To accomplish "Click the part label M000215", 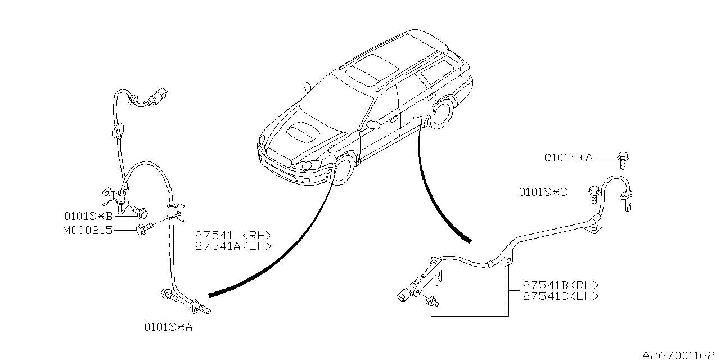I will pyautogui.click(x=89, y=230).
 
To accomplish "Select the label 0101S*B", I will pyautogui.click(x=89, y=215).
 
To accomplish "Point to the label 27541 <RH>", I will pyautogui.click(x=233, y=235).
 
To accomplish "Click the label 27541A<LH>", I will pyautogui.click(x=233, y=246).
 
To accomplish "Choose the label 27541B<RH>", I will pyautogui.click(x=560, y=285).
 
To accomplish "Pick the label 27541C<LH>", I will pyautogui.click(x=560, y=296).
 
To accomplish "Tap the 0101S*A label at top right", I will pyautogui.click(x=569, y=158).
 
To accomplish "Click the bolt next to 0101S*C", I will pyautogui.click(x=593, y=193).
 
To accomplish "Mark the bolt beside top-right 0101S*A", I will pyautogui.click(x=623, y=159).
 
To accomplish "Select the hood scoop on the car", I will pyautogui.click(x=303, y=132).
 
